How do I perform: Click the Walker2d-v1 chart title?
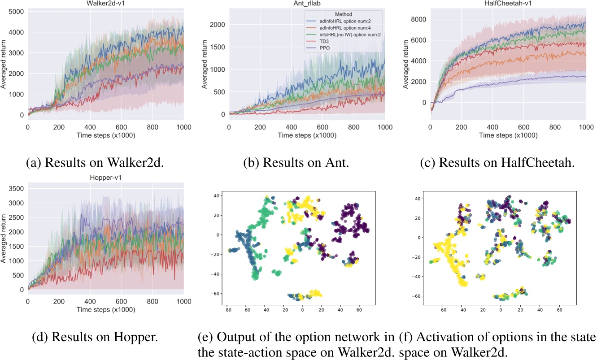tap(105, 4)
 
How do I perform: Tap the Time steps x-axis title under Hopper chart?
tap(105, 309)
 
